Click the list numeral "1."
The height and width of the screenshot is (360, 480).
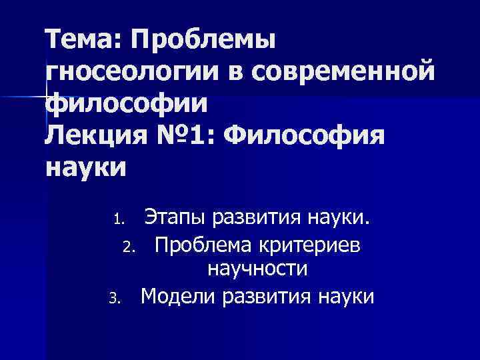coord(118,219)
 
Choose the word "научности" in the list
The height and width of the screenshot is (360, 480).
coord(257,270)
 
